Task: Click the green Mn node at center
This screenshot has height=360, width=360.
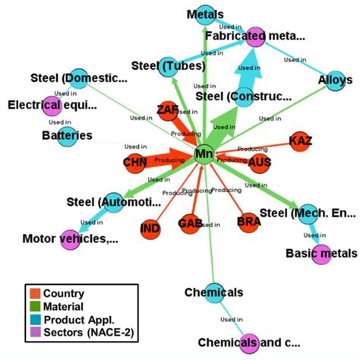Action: (204, 154)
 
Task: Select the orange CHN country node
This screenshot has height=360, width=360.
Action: (134, 163)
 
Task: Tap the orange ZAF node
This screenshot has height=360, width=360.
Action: (168, 111)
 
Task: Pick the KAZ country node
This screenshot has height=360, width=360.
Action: (301, 141)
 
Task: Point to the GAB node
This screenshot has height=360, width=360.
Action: (190, 223)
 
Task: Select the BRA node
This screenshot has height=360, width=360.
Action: (248, 222)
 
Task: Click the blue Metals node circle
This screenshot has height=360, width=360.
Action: (206, 14)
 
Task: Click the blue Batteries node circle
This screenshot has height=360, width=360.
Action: (68, 136)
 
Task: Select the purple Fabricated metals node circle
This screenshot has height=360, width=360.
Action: (255, 36)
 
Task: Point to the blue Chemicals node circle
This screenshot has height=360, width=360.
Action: (213, 292)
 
